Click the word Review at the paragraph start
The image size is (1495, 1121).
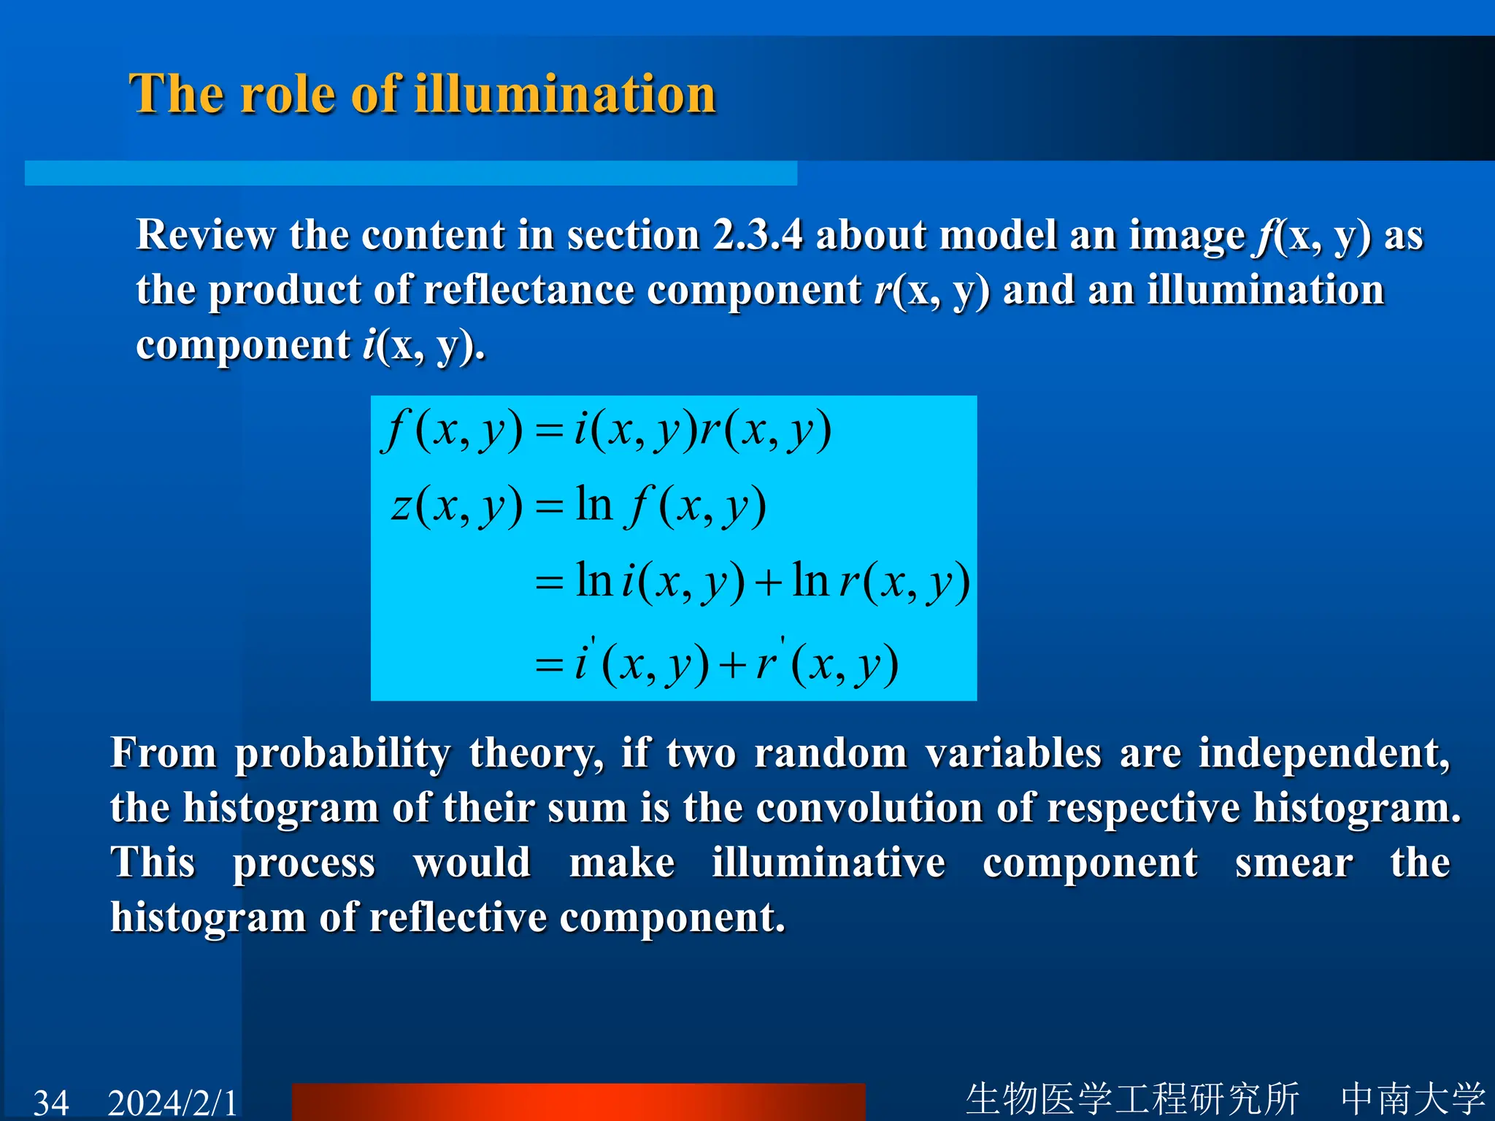[206, 235]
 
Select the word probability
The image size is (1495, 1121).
[342, 754]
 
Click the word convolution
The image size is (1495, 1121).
[869, 808]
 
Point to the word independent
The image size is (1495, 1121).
[1323, 752]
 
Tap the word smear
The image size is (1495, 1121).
[1294, 863]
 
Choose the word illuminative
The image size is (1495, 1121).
[829, 863]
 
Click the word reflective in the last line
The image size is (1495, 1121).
[458, 917]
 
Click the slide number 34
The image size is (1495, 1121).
[51, 1102]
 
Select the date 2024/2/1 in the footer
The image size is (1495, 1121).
[173, 1102]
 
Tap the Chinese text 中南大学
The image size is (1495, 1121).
[1413, 1098]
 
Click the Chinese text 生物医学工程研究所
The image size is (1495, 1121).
[1132, 1098]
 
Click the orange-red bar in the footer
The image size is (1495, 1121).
[578, 1102]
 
